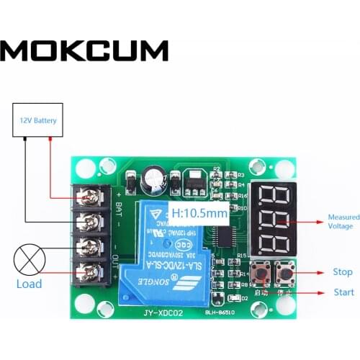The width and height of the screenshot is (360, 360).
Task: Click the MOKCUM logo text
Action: coord(84,50)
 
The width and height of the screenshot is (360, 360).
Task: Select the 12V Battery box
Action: coord(38,120)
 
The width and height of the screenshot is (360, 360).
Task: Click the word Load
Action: coord(30,284)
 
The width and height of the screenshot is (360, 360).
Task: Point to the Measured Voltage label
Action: coord(340,222)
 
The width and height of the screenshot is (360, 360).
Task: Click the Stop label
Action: coord(343,272)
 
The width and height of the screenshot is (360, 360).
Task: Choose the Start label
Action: coord(343,292)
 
